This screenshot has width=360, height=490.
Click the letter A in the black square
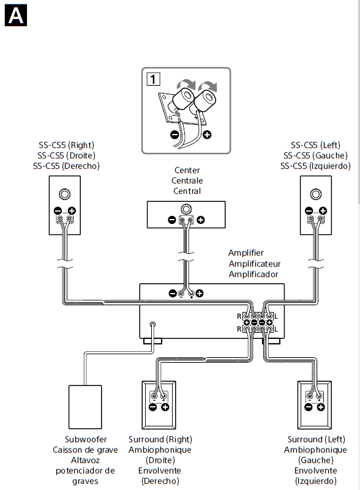[15, 15]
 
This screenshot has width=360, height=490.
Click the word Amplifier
[246, 253]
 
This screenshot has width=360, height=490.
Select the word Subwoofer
[86, 439]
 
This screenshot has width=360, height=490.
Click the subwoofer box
[85, 406]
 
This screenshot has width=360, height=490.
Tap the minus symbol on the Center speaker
[172, 220]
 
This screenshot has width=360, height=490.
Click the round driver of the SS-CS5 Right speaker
[64, 195]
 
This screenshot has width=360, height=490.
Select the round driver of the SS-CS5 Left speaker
[315, 195]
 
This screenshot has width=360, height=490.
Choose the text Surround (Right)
[159, 439]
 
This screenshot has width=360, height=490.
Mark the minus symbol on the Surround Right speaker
[152, 407]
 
